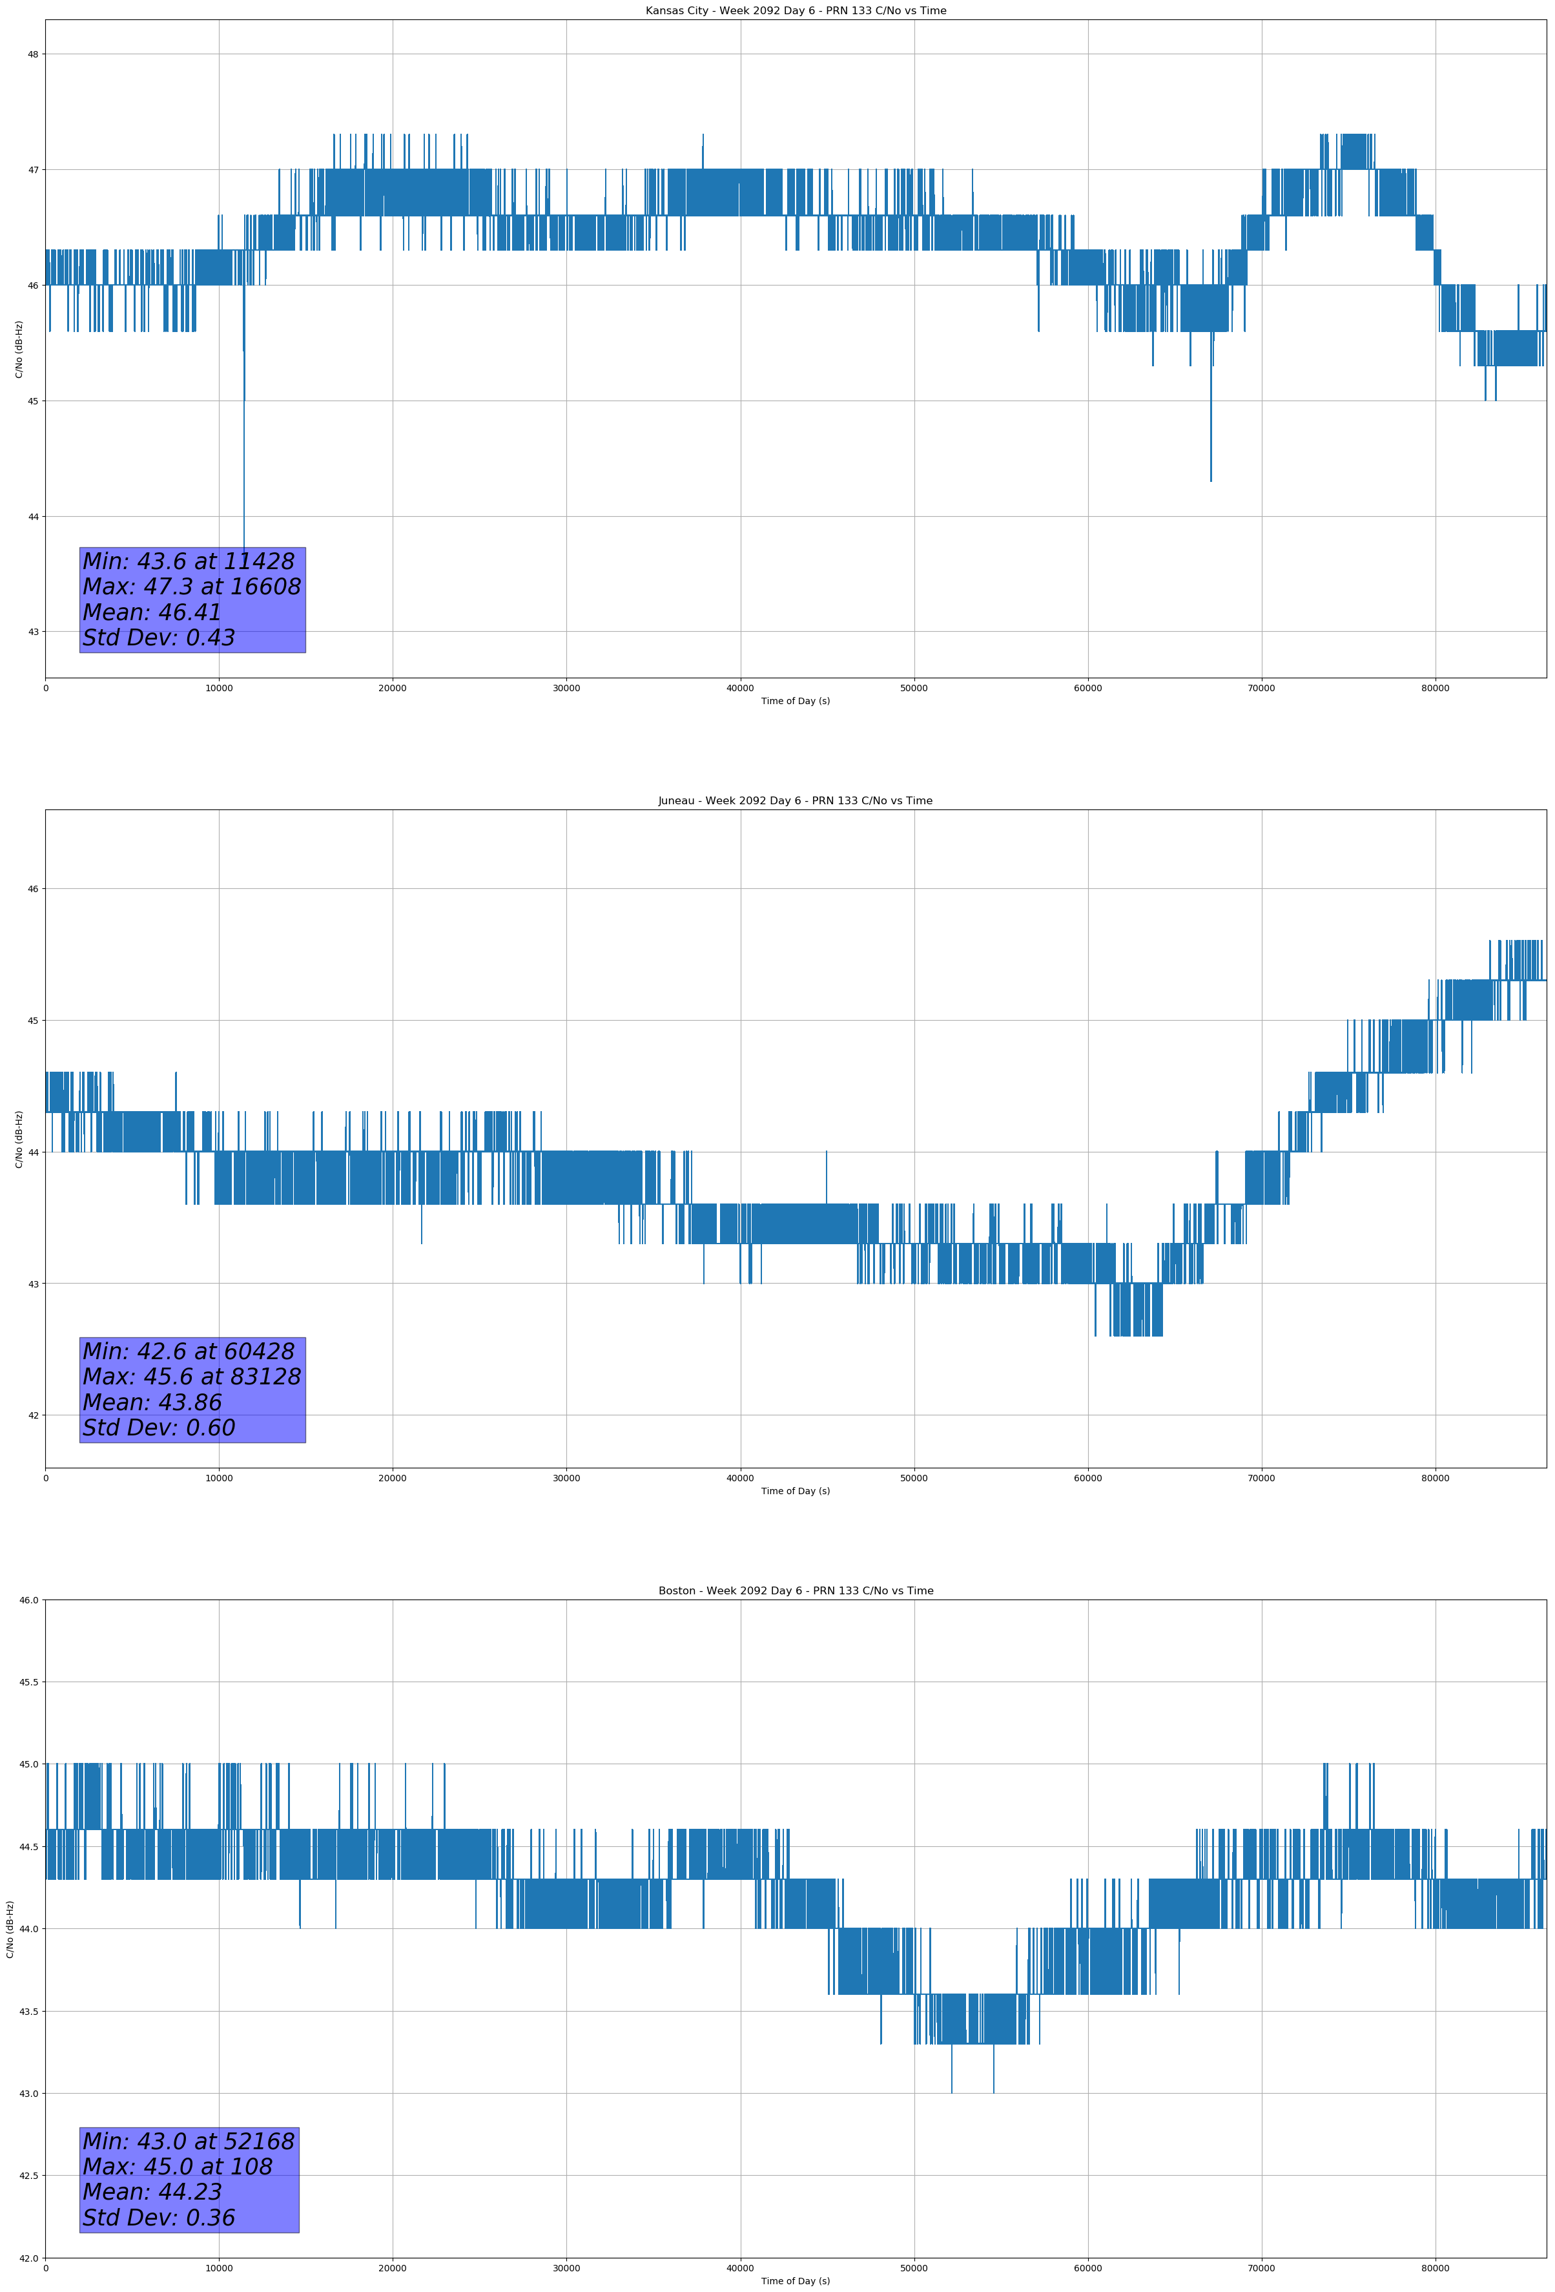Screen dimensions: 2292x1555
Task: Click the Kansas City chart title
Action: (795, 11)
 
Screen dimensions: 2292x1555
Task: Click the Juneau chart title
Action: (795, 801)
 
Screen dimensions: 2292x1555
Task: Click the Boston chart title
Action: (795, 1591)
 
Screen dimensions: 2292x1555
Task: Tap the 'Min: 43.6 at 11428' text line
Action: (189, 561)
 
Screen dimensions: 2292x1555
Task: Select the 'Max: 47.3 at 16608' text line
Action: (191, 587)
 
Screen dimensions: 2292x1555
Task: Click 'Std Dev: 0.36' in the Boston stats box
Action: (159, 2217)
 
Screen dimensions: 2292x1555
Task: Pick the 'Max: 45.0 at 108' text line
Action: (178, 2167)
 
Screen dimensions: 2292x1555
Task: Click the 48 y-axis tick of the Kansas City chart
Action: (32, 54)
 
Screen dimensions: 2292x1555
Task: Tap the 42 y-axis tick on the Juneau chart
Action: (32, 1415)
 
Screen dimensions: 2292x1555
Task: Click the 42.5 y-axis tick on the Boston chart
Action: (28, 2176)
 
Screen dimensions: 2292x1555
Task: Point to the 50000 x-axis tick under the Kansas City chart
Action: (914, 689)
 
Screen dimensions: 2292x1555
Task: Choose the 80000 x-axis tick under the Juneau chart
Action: (1435, 1478)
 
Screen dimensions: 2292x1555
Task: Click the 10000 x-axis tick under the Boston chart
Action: (219, 2268)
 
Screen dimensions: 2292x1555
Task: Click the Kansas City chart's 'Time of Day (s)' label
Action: (795, 701)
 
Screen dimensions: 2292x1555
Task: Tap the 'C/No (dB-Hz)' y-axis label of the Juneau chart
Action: (19, 1139)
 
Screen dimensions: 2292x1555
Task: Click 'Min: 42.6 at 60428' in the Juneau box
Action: (189, 1351)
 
